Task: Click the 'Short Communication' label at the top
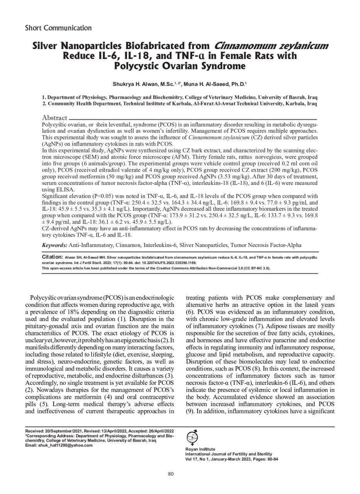click(58, 28)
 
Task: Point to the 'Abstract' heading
click(54, 118)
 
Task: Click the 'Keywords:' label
click(54, 245)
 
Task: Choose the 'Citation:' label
click(52, 257)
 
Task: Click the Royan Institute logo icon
click(192, 437)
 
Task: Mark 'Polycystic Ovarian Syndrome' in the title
click(180, 66)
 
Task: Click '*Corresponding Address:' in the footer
click(48, 436)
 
